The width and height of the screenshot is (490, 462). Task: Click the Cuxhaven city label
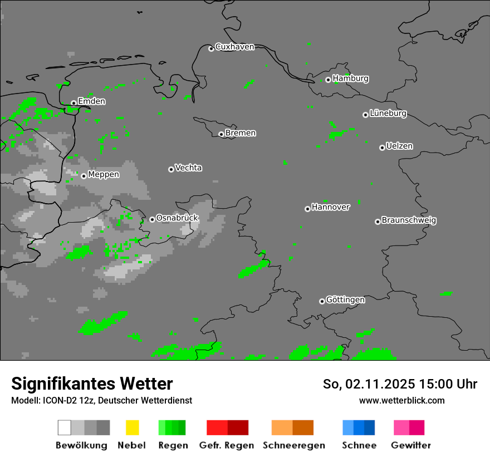click(x=234, y=47)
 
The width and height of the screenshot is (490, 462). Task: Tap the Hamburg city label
click(x=350, y=78)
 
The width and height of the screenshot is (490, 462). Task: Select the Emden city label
click(x=91, y=101)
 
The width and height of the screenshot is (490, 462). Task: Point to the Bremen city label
click(x=241, y=133)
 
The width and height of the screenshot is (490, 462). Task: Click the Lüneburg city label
click(x=388, y=114)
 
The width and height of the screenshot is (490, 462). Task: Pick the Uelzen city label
click(x=399, y=146)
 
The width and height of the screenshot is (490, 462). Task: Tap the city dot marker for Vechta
click(x=171, y=169)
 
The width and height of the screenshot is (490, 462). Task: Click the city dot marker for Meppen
click(x=84, y=176)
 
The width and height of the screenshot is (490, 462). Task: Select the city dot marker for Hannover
click(x=307, y=209)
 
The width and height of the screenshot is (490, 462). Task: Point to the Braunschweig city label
click(x=409, y=220)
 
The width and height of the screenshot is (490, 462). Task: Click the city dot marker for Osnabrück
click(x=152, y=219)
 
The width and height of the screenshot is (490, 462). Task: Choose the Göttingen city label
click(x=345, y=300)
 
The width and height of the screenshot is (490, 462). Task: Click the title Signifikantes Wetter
click(x=92, y=384)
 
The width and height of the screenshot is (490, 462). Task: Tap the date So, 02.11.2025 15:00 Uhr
click(x=400, y=384)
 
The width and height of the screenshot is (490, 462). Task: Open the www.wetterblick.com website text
click(x=401, y=400)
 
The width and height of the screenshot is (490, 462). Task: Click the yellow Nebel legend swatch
click(x=132, y=427)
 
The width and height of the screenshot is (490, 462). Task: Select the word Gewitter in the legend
click(x=411, y=445)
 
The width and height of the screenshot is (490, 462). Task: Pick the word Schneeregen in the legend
click(x=293, y=445)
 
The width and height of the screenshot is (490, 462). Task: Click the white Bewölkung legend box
click(x=65, y=427)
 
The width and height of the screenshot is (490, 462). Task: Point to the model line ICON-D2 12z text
click(x=101, y=400)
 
